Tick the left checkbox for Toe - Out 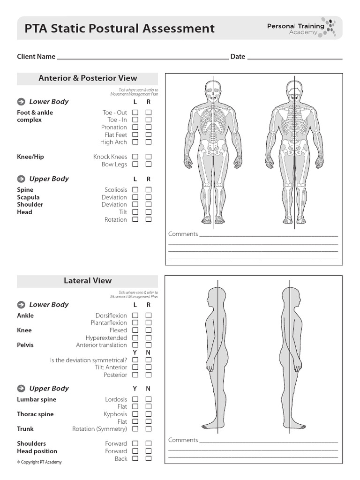[x=135, y=112]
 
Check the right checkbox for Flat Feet [x=149, y=135]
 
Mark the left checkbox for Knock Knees [x=135, y=157]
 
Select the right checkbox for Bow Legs [x=149, y=164]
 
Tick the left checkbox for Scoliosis [x=135, y=190]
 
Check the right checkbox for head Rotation [x=149, y=219]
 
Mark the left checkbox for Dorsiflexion [x=135, y=315]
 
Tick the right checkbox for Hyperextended [x=149, y=337]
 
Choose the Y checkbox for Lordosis [x=135, y=399]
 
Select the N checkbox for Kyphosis [x=149, y=414]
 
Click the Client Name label [x=36, y=57]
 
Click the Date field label [x=238, y=57]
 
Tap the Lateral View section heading [x=88, y=281]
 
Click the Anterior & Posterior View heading [x=88, y=78]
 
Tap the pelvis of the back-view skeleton [x=294, y=146]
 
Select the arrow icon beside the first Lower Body [x=21, y=102]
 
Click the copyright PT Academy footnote [x=39, y=462]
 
